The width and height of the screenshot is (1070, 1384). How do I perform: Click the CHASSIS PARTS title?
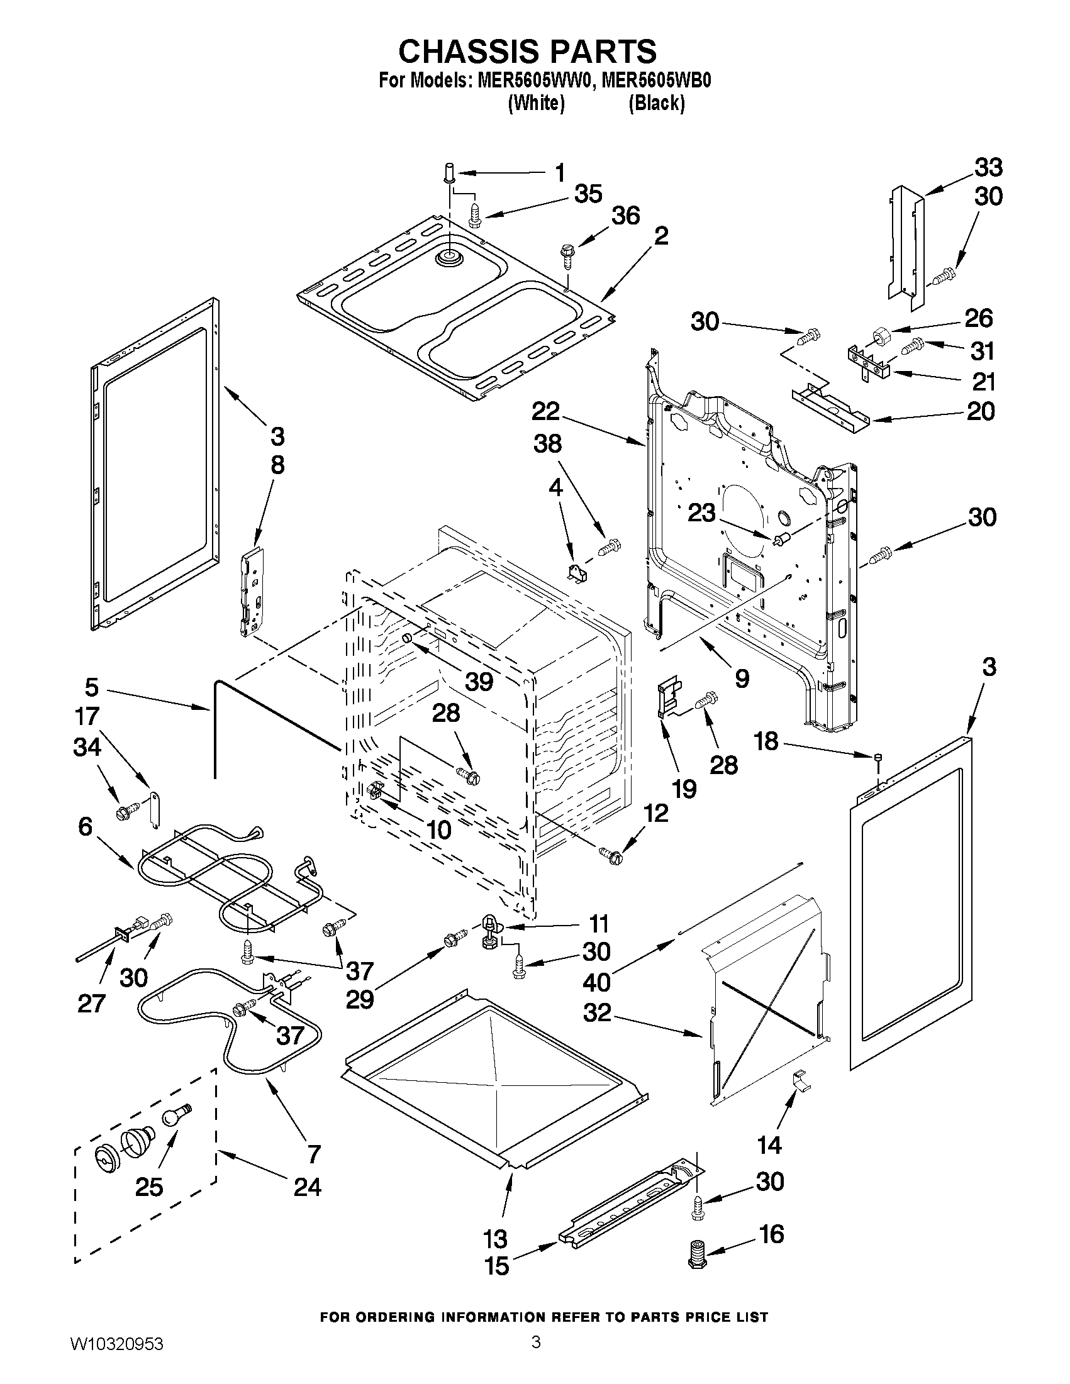(x=527, y=51)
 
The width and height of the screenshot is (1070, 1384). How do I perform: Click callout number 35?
(x=588, y=194)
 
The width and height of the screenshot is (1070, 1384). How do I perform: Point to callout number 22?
(x=545, y=412)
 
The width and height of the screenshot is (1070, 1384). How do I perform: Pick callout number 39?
(x=479, y=681)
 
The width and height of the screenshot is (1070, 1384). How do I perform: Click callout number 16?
(x=771, y=1234)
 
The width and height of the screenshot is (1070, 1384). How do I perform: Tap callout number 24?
(x=307, y=1187)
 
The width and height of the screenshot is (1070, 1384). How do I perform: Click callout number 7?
(x=315, y=1153)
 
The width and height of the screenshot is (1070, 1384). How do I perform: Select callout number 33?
(x=988, y=168)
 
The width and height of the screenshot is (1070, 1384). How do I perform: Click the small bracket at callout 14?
(x=801, y=1080)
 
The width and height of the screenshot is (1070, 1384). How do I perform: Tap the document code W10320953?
(x=116, y=1357)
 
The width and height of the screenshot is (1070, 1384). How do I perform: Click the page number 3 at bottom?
(x=536, y=1356)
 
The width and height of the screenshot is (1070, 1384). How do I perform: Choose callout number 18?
(x=766, y=741)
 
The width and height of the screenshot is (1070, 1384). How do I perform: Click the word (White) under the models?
(x=536, y=102)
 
